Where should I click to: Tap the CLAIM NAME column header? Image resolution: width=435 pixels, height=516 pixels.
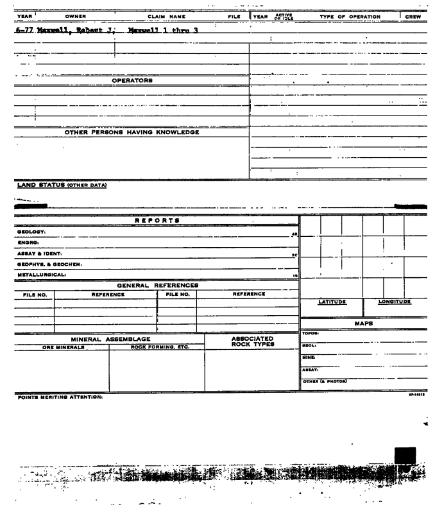(166, 16)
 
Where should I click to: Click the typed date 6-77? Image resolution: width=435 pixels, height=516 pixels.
(22, 30)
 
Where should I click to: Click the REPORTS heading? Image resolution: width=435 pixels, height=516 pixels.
(157, 221)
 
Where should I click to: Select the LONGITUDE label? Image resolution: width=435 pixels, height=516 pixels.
(395, 302)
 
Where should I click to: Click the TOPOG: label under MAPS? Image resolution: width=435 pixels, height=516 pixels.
(311, 334)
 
